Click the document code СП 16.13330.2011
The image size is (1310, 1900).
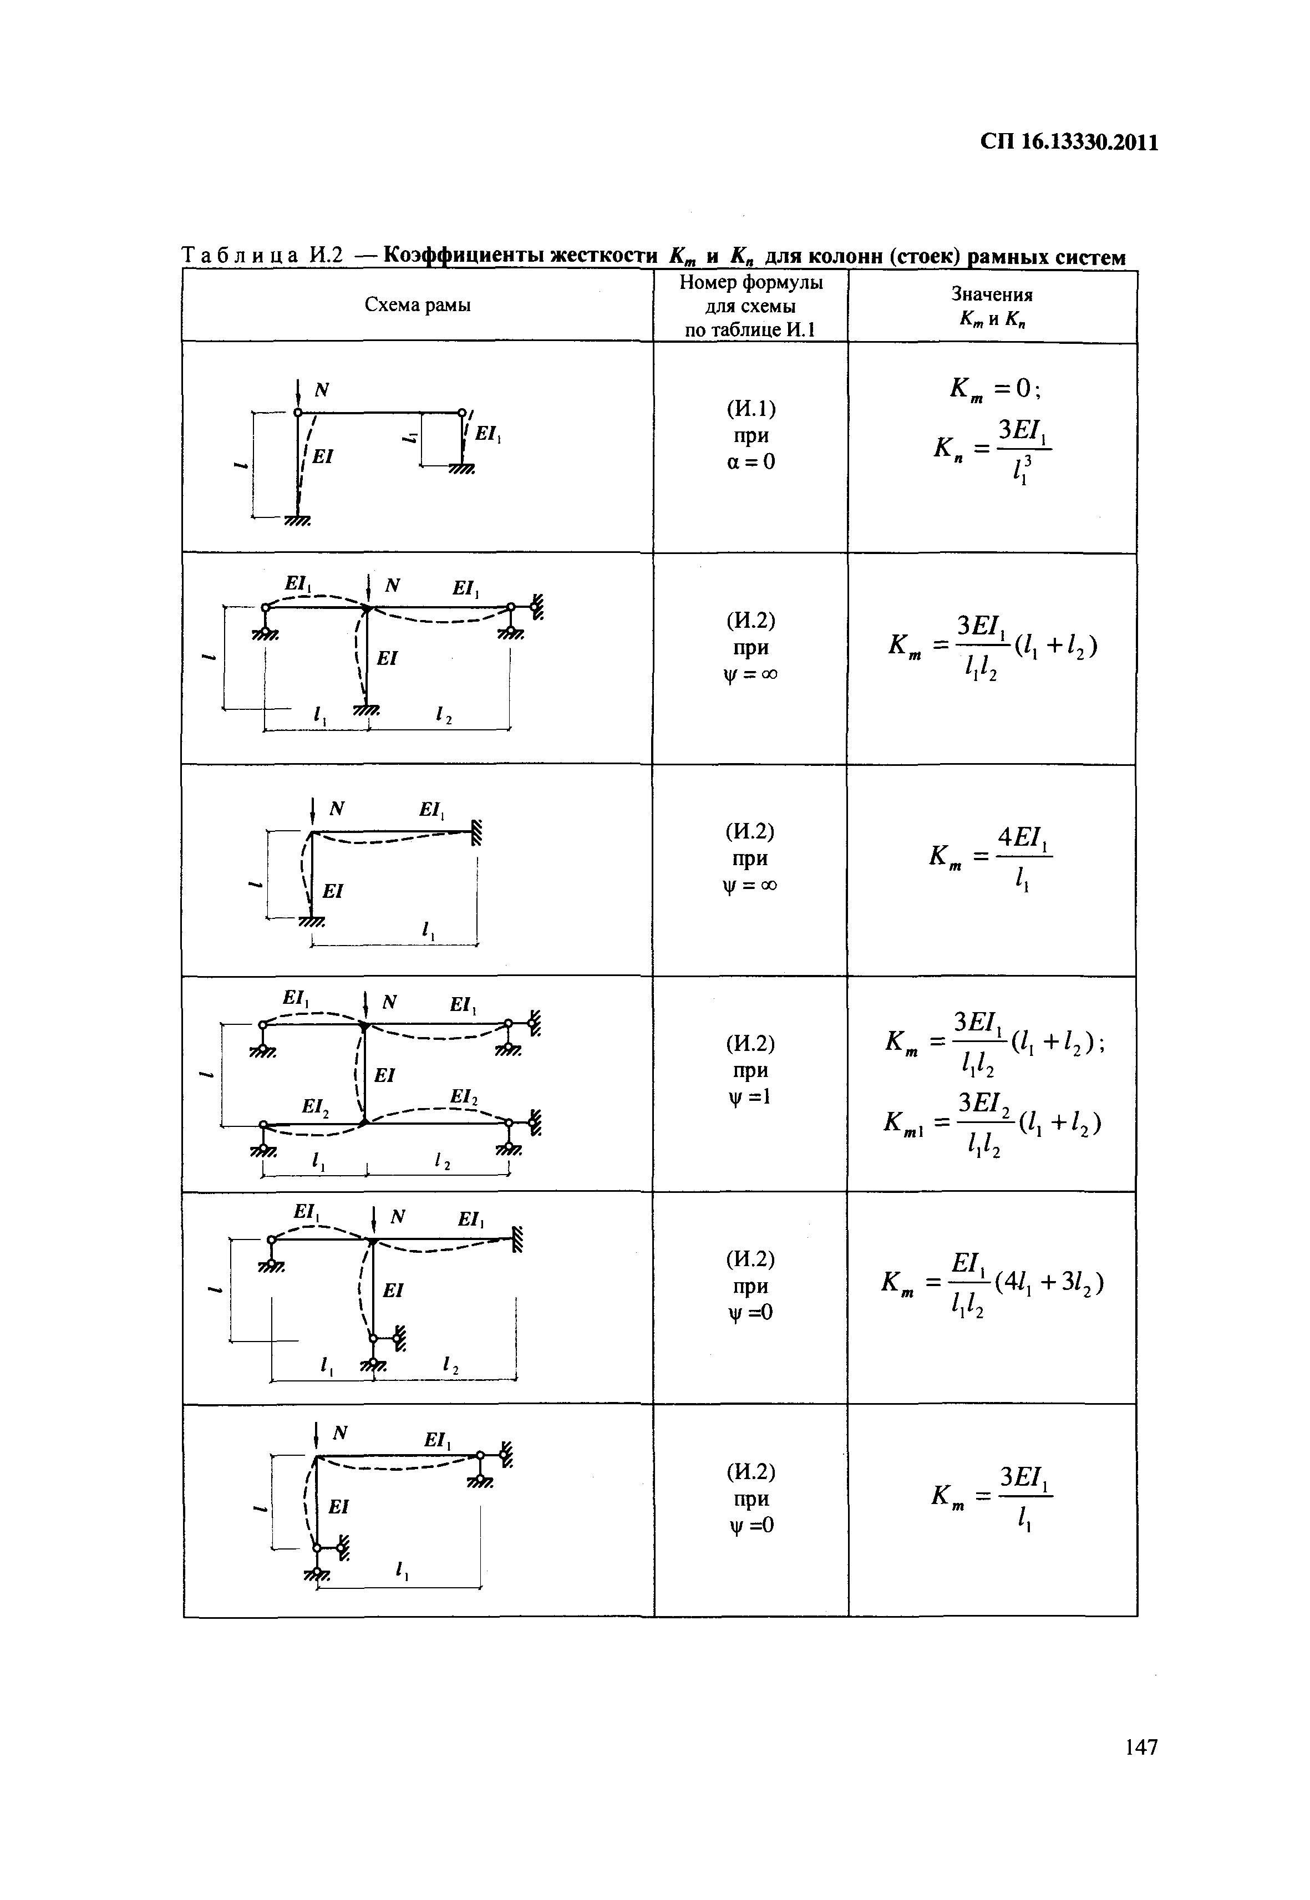tap(1069, 143)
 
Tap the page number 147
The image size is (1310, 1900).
tap(1140, 1770)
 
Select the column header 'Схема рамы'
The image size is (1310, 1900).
tap(417, 306)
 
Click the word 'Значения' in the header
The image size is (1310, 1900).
tap(992, 294)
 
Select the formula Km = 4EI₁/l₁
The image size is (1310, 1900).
tap(992, 858)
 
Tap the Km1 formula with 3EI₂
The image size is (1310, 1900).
tap(992, 1123)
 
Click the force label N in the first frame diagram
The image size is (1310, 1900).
tap(322, 390)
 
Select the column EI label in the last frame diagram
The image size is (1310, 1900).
tap(339, 1506)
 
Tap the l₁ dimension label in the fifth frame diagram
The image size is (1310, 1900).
tap(327, 1364)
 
